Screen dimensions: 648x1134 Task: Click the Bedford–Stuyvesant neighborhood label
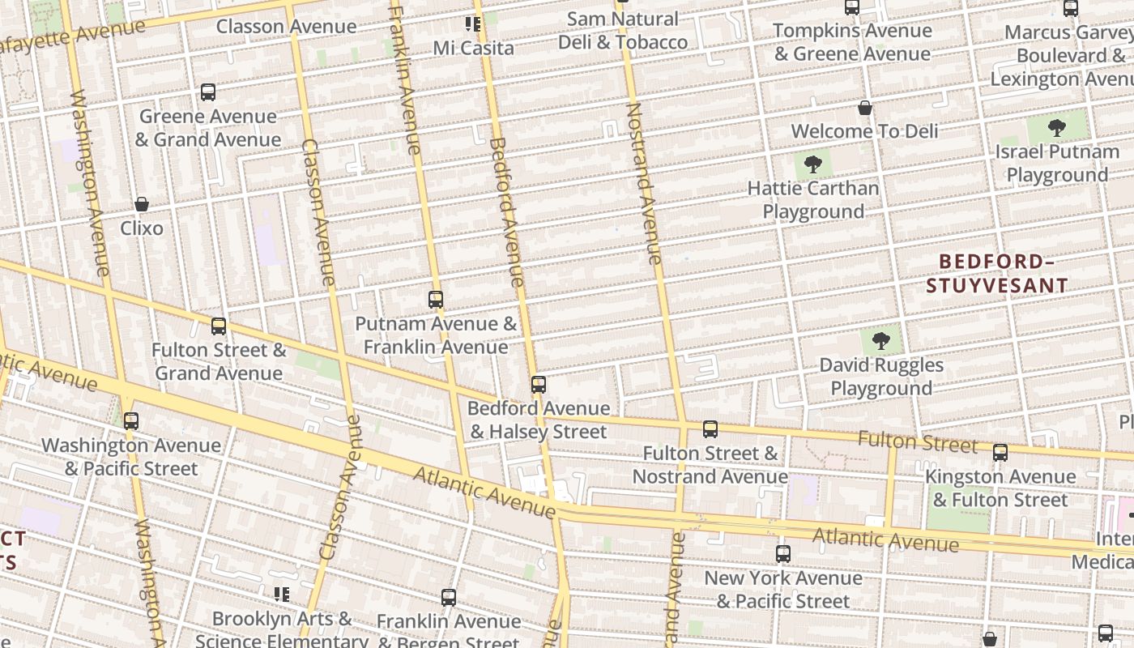pos(997,273)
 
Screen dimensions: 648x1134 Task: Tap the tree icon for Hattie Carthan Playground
pos(812,165)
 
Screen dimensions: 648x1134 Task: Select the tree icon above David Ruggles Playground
pos(881,341)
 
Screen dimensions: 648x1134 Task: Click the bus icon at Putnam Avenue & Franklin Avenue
pos(436,300)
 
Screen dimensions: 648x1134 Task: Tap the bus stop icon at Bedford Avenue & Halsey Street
pos(539,385)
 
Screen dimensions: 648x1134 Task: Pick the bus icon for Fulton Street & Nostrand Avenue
pos(710,429)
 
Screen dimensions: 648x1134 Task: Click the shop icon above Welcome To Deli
pos(865,108)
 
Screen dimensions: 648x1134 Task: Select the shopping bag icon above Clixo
pos(142,204)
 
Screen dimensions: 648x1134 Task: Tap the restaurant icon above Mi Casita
pos(474,24)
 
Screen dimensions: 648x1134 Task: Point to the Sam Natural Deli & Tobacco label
pos(623,31)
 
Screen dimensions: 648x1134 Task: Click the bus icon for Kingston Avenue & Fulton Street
pos(1000,453)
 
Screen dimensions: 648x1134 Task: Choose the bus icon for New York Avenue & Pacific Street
pos(782,554)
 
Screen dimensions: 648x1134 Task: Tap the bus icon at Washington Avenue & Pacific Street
pos(131,421)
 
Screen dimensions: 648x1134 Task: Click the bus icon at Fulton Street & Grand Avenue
pos(219,326)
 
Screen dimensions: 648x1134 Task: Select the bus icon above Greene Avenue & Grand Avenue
pos(208,92)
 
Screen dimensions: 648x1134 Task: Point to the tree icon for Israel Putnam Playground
pos(1056,128)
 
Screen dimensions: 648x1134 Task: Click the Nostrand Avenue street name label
pos(645,183)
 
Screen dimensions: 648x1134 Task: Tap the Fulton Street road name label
pos(917,442)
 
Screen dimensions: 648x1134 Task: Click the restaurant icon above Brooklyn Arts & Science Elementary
pos(282,595)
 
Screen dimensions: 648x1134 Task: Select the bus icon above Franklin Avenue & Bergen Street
pos(449,598)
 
